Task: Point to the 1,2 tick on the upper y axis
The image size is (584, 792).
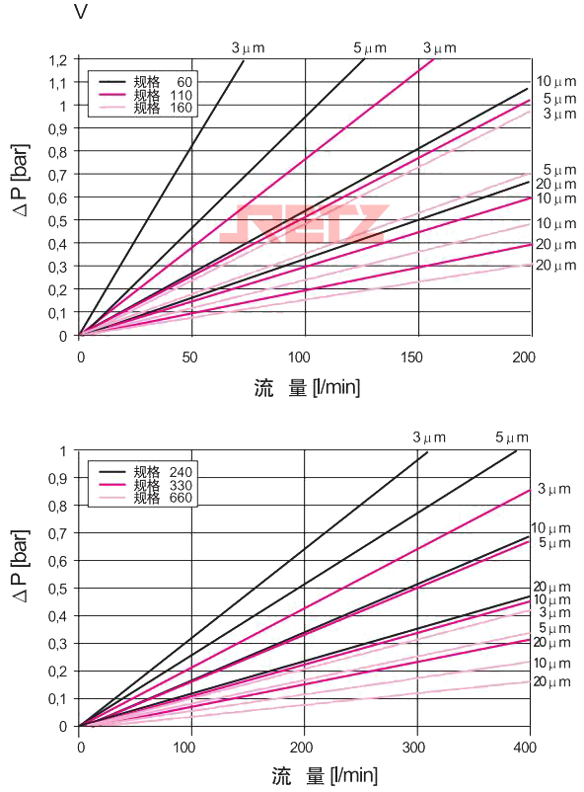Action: click(57, 60)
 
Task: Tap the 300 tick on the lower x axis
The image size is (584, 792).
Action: click(415, 746)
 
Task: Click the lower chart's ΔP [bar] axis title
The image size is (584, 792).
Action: click(21, 587)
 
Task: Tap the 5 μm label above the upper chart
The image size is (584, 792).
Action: click(370, 47)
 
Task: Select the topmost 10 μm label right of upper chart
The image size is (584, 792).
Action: click(555, 81)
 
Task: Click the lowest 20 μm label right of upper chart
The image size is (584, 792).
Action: click(555, 266)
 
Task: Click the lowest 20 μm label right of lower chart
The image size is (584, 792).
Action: click(552, 682)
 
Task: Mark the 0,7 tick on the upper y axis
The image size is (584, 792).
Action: click(57, 175)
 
